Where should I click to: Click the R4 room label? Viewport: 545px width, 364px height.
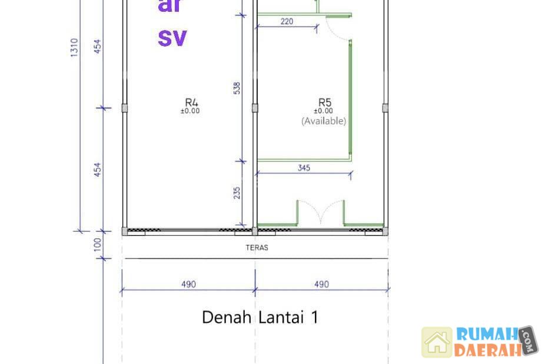191,102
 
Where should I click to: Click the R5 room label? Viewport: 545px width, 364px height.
325,102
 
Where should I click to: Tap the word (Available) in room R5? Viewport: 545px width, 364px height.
324,121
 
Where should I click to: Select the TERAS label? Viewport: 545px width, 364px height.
257,248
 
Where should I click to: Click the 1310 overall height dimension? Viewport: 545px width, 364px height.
74,48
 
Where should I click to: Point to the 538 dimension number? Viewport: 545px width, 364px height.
237,88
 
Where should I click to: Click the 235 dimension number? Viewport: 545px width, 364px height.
237,193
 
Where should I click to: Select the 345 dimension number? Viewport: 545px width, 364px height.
304,168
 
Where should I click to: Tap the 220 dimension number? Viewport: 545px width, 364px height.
287,21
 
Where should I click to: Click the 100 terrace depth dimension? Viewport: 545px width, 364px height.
98,244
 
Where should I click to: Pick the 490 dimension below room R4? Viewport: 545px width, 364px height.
188,284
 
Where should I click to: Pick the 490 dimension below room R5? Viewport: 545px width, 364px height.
321,284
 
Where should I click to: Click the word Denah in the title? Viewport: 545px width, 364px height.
227,317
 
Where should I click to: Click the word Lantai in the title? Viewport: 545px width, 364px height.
281,317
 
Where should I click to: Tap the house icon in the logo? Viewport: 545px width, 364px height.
437,342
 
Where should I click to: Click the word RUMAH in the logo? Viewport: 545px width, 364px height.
487,334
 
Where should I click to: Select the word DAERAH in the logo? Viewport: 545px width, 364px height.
488,350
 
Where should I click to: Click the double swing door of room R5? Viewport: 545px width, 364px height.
320,211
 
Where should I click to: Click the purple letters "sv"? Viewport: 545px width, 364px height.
172,38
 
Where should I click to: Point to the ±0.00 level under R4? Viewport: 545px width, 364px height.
190,111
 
